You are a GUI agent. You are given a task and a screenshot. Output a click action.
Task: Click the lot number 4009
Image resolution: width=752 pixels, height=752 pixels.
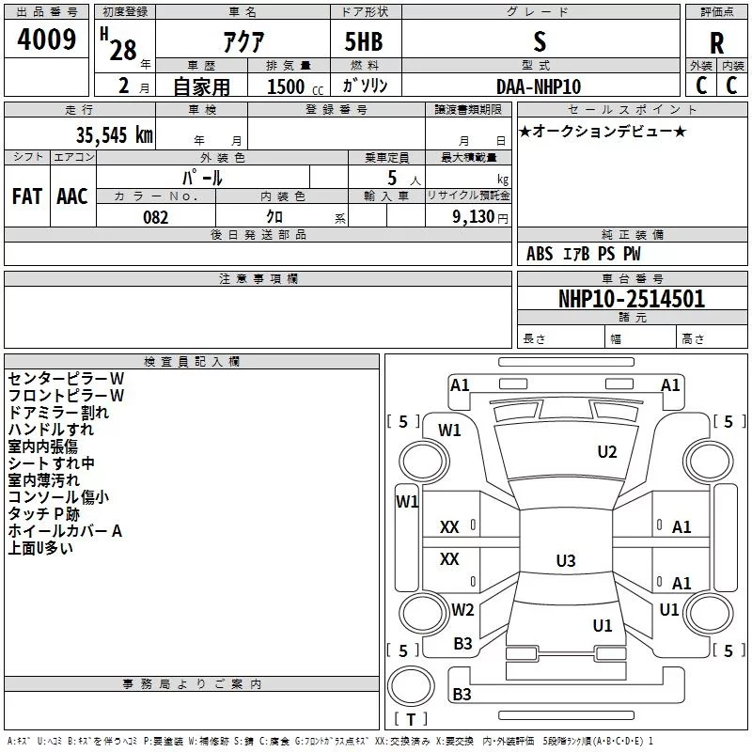point(46,39)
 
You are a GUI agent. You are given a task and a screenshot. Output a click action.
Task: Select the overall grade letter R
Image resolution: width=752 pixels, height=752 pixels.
point(716,43)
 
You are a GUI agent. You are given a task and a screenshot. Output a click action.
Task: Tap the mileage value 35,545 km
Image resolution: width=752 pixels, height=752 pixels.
point(115,135)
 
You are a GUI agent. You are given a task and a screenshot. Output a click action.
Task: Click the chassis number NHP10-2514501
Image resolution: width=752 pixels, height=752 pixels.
point(632,299)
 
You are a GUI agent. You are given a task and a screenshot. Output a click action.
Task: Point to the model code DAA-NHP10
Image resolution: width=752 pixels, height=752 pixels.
point(539,86)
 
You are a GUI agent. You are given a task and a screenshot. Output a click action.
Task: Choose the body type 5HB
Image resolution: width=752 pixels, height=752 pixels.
point(364,41)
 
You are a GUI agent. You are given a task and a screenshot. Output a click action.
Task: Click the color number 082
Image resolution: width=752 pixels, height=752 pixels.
point(156,217)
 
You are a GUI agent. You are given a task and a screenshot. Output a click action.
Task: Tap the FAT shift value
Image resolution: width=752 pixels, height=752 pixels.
point(27,196)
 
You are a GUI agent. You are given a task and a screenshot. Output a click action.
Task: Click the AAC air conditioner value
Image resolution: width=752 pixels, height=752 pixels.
point(72,196)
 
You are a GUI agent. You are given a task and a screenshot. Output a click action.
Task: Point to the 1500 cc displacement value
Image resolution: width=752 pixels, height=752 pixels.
point(295,86)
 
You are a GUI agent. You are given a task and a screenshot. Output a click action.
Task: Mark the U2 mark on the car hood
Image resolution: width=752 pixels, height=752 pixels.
point(607,452)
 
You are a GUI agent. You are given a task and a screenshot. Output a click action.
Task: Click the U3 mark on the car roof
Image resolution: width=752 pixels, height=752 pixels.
point(566,560)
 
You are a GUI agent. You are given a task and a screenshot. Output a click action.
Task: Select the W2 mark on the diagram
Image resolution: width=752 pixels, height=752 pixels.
point(462,609)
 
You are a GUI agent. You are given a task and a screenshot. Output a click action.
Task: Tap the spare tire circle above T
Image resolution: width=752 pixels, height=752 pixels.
point(411,686)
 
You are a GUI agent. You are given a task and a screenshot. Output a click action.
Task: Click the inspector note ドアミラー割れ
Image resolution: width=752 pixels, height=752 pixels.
point(58,413)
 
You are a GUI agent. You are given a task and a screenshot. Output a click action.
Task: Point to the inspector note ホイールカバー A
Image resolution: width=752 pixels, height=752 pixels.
point(65,531)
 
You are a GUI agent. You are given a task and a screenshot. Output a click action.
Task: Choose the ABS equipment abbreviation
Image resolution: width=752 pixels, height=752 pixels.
point(540,254)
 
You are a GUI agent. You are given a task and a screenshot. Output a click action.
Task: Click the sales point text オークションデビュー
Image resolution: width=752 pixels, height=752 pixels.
point(603,131)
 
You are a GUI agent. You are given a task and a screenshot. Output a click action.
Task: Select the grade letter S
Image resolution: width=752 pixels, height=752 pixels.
point(540,41)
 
